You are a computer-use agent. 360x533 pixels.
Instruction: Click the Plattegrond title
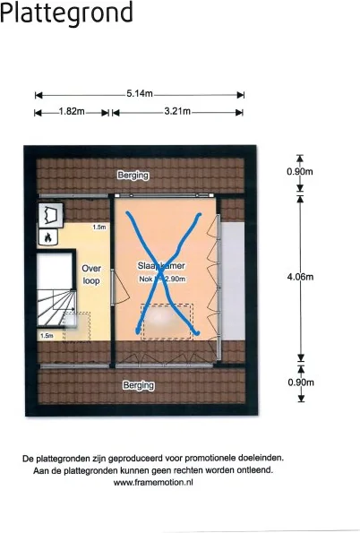[67, 13]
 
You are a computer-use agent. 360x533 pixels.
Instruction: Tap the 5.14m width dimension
[140, 93]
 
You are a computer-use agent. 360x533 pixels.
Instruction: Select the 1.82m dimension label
[72, 112]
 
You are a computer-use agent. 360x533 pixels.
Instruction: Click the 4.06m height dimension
[300, 277]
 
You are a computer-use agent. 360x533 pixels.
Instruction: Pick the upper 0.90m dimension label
[300, 171]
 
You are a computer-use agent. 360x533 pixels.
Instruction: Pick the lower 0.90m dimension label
[300, 383]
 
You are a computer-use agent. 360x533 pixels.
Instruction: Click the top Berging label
[133, 176]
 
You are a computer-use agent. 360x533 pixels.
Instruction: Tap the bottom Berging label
[139, 385]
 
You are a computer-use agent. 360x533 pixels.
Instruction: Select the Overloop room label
[91, 274]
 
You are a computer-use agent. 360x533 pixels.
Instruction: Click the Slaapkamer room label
[161, 266]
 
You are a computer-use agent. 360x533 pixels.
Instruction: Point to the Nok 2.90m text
[162, 279]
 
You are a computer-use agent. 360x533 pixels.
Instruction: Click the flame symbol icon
[47, 236]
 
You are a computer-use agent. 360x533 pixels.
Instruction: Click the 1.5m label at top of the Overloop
[100, 228]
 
